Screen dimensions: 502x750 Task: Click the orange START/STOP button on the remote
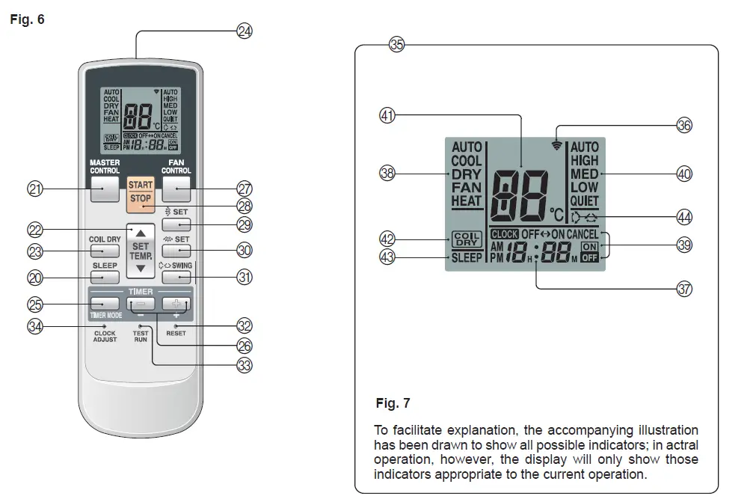(141, 192)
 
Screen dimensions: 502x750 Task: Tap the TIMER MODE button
(105, 304)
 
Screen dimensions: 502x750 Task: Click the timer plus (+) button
(176, 304)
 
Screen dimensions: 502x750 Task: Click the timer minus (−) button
(141, 304)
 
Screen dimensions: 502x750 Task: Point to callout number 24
(245, 31)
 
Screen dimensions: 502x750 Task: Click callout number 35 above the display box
(396, 45)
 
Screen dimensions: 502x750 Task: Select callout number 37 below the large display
(684, 290)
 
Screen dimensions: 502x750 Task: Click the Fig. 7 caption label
(393, 403)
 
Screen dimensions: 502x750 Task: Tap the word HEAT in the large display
(467, 201)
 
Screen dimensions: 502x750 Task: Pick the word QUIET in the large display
(584, 201)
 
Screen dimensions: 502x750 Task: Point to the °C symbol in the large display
(557, 214)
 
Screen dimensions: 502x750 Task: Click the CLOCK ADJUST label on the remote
(105, 337)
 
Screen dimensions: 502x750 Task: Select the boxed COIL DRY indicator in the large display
(467, 239)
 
